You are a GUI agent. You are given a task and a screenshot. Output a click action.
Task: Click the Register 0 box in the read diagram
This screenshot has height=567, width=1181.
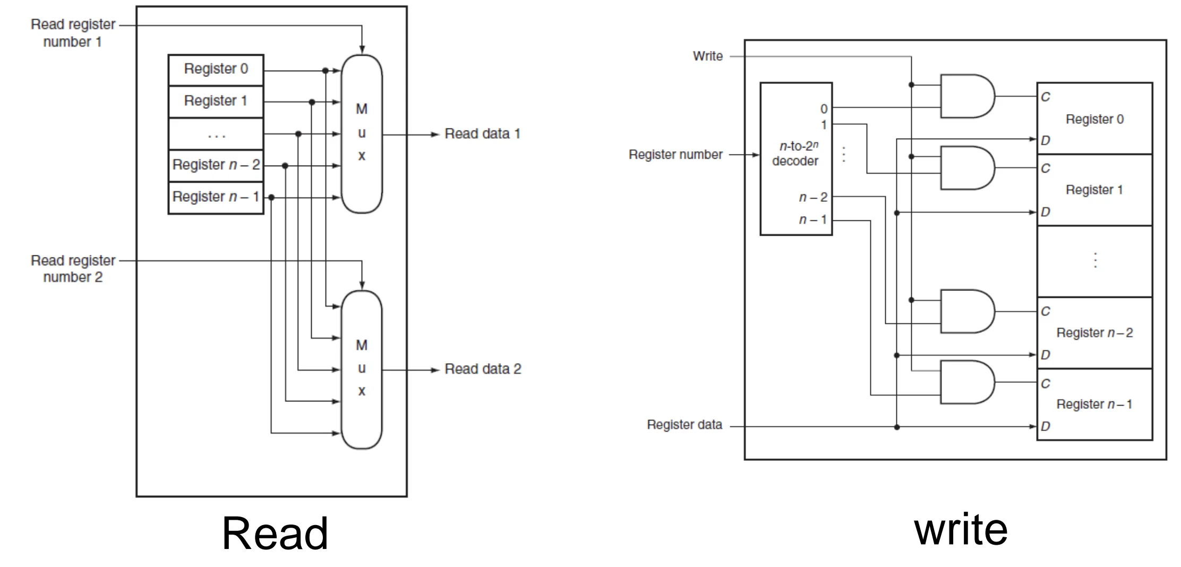216,70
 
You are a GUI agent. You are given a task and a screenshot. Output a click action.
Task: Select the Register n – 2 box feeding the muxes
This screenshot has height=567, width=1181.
216,165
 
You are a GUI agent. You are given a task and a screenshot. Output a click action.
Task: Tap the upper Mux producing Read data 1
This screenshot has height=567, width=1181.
362,134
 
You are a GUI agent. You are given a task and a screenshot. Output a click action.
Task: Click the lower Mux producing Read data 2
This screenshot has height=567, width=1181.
362,370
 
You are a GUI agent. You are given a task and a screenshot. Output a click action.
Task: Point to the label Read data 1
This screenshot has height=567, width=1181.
482,134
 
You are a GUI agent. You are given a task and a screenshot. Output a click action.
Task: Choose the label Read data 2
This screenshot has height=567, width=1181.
483,369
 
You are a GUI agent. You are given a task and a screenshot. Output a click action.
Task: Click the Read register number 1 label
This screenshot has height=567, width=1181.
73,33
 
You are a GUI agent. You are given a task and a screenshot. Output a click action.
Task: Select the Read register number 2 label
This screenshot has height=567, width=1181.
73,269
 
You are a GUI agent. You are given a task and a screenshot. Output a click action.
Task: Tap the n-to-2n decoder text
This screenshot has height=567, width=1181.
795,153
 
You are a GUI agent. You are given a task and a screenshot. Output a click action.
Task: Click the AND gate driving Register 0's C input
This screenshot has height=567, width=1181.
967,96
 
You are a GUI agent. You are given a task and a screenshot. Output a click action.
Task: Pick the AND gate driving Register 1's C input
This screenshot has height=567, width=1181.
967,168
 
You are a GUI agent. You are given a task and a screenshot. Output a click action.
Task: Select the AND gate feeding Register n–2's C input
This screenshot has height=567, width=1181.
967,311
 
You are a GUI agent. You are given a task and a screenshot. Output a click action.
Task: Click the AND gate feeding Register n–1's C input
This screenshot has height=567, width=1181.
967,382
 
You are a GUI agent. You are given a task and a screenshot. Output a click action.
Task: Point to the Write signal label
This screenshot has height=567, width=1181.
708,56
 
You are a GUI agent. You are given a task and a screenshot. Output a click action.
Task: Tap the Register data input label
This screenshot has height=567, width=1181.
684,425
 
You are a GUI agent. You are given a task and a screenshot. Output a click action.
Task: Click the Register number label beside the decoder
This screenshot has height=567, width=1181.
675,154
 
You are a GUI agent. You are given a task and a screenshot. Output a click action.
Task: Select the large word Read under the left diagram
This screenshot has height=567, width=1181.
275,533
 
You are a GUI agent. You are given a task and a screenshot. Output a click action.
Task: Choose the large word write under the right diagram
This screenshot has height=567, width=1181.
961,529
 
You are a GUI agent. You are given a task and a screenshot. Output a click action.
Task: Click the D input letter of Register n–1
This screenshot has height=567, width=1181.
1046,426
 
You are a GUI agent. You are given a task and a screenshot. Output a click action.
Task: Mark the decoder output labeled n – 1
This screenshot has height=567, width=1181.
813,219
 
